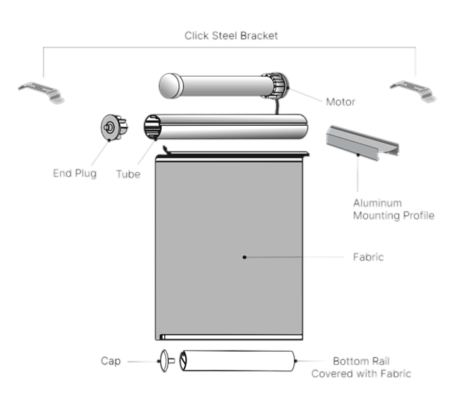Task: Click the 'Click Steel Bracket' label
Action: click(231, 35)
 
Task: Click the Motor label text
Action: click(340, 102)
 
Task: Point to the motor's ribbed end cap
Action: click(280, 85)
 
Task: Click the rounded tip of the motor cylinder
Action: click(169, 85)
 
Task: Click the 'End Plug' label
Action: click(74, 174)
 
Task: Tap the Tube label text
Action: click(128, 175)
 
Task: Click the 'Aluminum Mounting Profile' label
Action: click(393, 209)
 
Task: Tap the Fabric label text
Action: click(368, 257)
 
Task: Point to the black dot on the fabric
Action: click(244, 257)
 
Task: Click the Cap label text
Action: click(111, 361)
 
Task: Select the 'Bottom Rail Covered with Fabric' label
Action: click(361, 367)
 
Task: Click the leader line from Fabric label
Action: click(294, 257)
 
